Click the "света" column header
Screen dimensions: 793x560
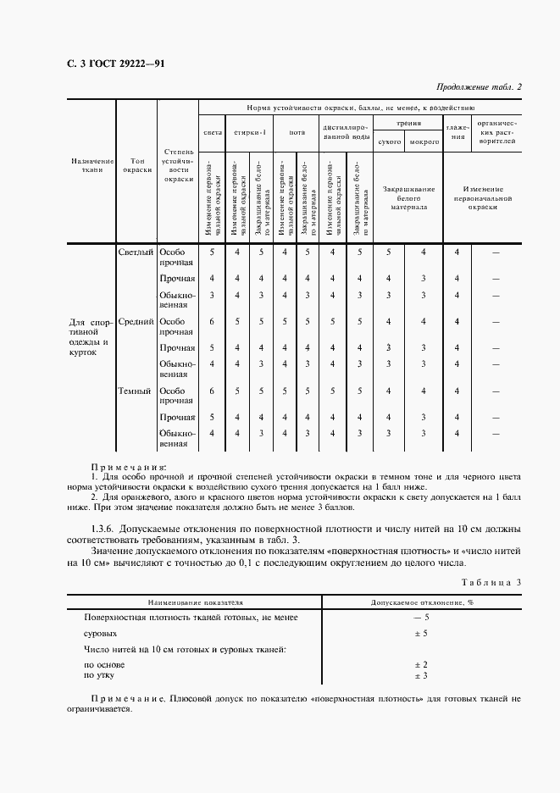(x=213, y=132)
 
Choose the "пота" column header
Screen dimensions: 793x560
(x=297, y=132)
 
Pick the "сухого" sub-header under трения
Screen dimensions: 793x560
(x=389, y=141)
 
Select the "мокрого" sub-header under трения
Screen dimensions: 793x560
(x=424, y=141)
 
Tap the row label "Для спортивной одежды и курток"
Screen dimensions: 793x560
(x=89, y=337)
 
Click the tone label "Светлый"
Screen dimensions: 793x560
(x=136, y=252)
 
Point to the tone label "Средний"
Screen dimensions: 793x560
(x=136, y=321)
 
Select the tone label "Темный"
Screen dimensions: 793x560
(x=136, y=391)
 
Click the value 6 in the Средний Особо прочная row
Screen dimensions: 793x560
(x=212, y=321)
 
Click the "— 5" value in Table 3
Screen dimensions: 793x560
(x=420, y=618)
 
